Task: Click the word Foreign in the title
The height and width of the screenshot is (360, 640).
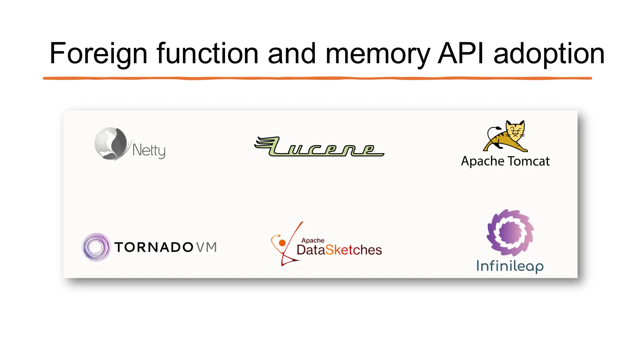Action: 98,54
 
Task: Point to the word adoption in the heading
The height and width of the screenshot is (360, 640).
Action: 549,54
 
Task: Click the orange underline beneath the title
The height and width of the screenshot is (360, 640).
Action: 317,78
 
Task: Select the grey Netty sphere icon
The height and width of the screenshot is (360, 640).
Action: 111,143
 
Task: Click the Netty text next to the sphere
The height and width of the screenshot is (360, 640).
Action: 149,150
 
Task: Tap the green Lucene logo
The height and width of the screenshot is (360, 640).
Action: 319,147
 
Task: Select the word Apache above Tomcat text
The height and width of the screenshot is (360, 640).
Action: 482,161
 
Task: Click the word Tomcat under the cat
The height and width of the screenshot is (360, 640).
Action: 528,161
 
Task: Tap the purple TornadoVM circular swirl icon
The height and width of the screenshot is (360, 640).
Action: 96,247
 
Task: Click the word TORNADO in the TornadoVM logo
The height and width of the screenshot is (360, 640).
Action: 154,247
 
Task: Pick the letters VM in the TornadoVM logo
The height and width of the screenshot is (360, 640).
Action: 206,247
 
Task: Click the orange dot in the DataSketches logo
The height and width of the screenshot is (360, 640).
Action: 282,243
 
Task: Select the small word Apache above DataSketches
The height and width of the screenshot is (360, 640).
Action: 312,240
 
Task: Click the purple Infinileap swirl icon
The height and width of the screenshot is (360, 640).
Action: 510,233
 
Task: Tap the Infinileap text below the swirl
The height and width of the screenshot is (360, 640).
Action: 510,266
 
